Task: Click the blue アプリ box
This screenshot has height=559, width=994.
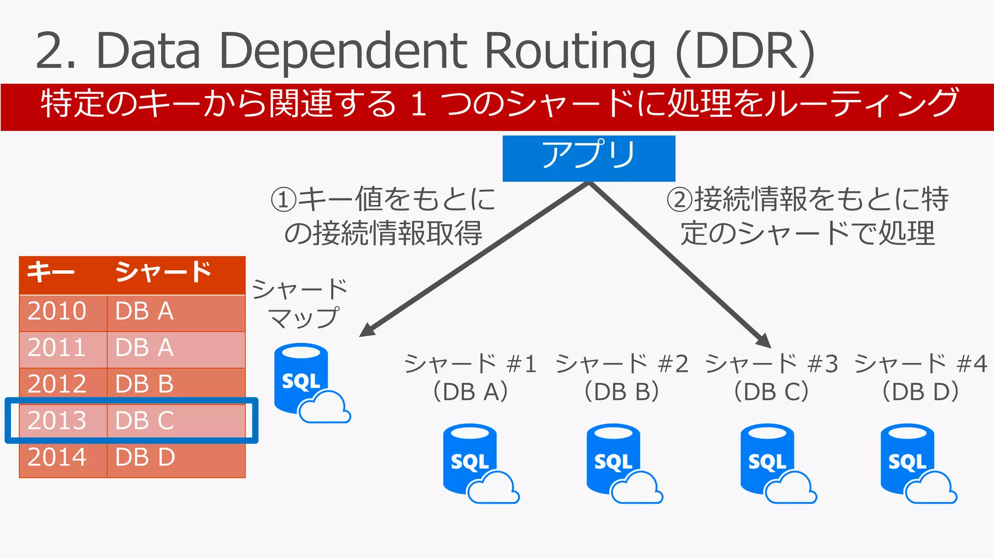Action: (588, 158)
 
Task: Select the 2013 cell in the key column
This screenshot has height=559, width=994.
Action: (57, 420)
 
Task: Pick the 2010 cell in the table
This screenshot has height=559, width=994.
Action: (57, 311)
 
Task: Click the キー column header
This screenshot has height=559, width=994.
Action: (50, 272)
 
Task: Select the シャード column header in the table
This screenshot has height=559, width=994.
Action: (163, 272)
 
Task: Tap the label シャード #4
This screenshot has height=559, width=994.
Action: (921, 363)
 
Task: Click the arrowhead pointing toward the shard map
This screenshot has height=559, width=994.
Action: (367, 330)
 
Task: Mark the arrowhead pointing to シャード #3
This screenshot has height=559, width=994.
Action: (764, 340)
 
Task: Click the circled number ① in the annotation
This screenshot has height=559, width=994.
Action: (283, 199)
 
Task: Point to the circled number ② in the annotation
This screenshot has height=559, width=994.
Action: (679, 199)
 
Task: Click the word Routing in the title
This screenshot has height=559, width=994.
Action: (570, 50)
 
